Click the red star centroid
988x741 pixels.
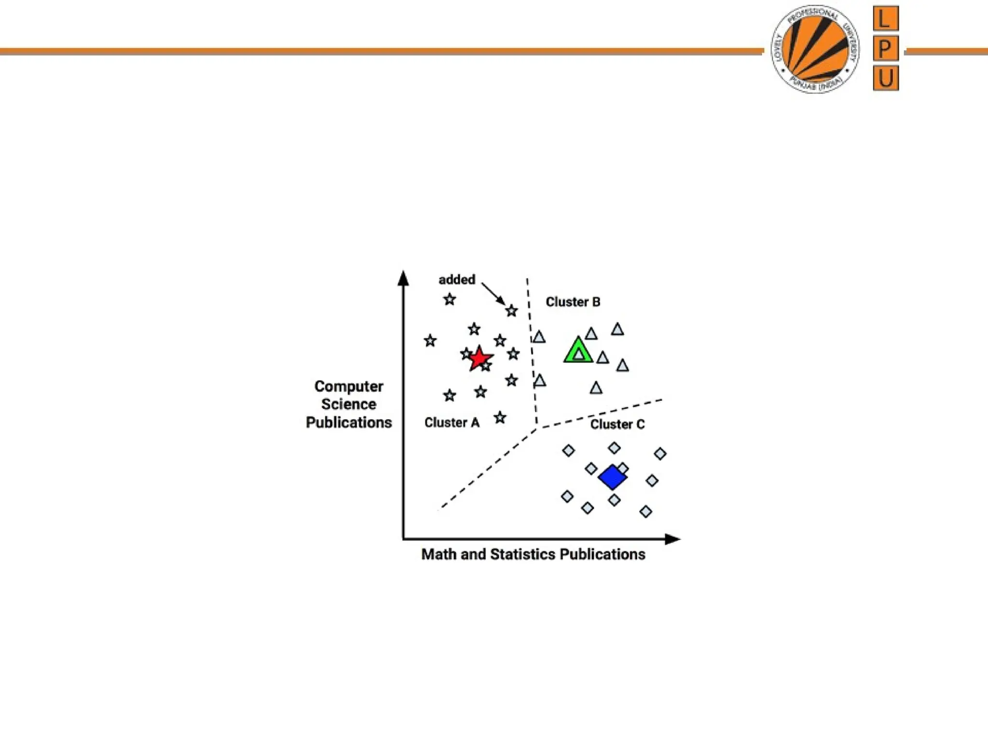coord(479,358)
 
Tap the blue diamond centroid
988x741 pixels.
coord(612,478)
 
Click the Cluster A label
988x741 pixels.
coord(452,423)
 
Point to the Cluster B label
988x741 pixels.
coord(573,302)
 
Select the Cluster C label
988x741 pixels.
coord(617,425)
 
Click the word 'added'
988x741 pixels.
coord(456,280)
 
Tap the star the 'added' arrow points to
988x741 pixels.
coord(511,311)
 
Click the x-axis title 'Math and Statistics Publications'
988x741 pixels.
coord(533,554)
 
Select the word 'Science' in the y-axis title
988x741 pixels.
coord(348,404)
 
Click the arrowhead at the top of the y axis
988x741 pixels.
coord(403,278)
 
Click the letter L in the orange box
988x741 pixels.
coord(885,19)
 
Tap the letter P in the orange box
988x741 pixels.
coord(885,48)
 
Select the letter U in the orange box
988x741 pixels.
coord(885,78)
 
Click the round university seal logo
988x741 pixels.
coord(815,49)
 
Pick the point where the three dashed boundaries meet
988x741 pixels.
coord(537,427)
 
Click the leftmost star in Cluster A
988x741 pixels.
coord(430,341)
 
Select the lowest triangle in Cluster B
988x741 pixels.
coord(596,388)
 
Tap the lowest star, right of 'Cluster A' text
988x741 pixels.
coord(500,418)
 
